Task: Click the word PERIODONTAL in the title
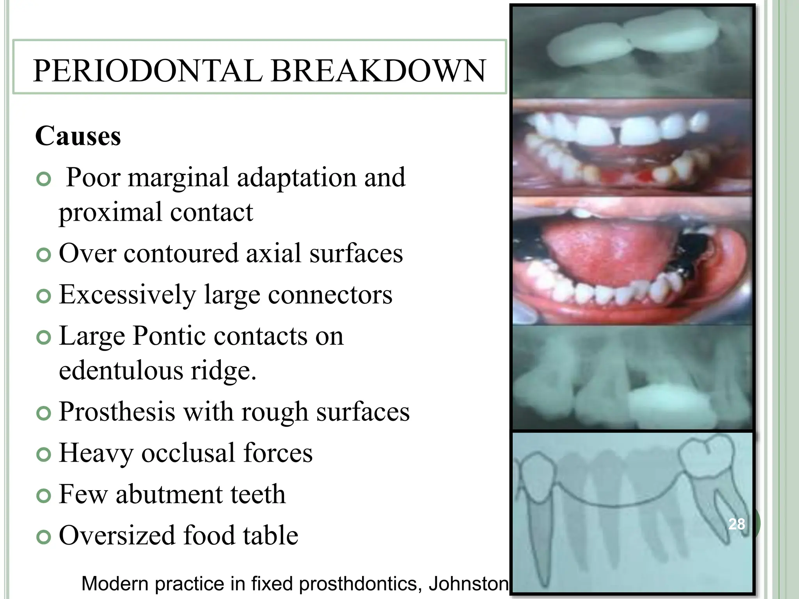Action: [x=148, y=71]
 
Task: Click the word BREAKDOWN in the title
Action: [x=378, y=71]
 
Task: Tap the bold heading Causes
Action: [x=78, y=136]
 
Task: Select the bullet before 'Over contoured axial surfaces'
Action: [x=44, y=255]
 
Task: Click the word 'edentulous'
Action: [x=121, y=370]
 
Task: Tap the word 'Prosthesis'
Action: [x=117, y=412]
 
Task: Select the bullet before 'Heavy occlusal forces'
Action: [x=44, y=454]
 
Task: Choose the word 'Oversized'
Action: [x=117, y=536]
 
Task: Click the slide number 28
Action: [x=737, y=524]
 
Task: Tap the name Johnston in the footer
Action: [x=468, y=584]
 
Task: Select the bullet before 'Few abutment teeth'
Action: [x=44, y=496]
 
